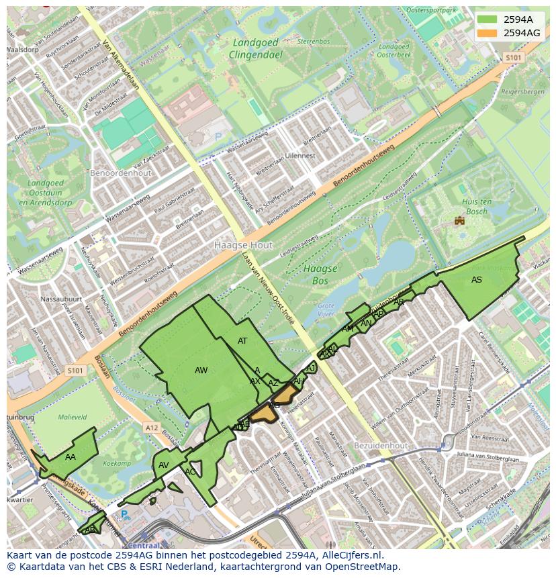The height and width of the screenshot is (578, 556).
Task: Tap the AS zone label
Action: point(476,280)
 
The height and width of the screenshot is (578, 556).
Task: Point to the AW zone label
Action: point(201,371)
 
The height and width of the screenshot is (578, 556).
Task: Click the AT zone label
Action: point(242,341)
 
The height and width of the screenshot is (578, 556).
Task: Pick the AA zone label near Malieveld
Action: point(71,457)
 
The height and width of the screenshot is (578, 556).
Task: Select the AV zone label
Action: point(164,465)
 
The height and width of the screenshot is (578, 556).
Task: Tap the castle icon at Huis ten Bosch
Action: point(460,220)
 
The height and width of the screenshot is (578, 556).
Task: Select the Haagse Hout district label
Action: point(244,246)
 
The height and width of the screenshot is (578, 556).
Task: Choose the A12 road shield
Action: point(152,427)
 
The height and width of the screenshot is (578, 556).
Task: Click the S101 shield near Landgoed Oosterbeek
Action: point(513,58)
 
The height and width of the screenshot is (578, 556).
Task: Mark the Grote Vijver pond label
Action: point(326,309)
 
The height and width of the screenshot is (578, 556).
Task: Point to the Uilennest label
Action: point(300,156)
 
